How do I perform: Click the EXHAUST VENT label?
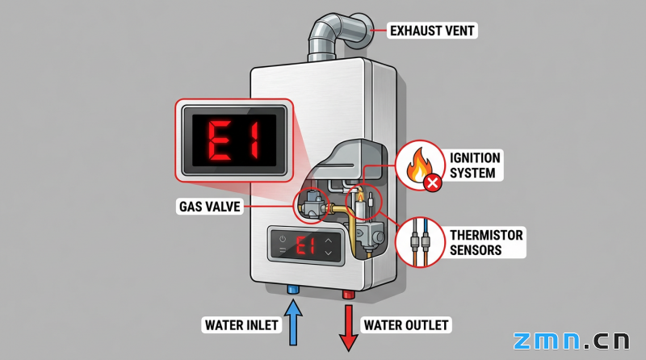coord(433,31)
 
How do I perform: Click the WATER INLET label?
coord(241,325)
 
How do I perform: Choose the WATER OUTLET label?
coord(406,325)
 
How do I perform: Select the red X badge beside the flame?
coord(433,183)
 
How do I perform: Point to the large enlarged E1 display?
coord(233,139)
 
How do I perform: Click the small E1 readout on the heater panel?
coord(307,245)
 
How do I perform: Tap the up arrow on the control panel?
coord(329,240)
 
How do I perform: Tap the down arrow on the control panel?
coord(329,253)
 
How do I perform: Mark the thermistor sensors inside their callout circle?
coord(421,241)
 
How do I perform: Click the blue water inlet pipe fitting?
coord(292,288)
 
